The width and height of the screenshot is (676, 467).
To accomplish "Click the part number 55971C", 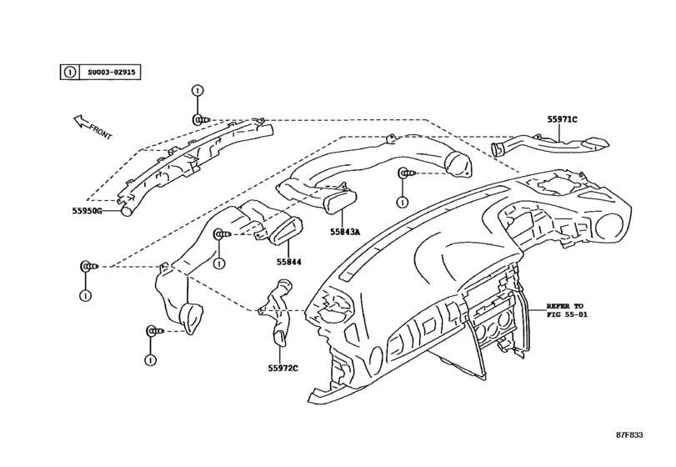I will click(x=562, y=120).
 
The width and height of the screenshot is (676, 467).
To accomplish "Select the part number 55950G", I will click(x=86, y=212).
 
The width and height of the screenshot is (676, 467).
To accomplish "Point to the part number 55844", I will click(x=288, y=262).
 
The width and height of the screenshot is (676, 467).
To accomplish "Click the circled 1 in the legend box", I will click(x=70, y=73).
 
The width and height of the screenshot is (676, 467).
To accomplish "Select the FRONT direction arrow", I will click(x=90, y=126).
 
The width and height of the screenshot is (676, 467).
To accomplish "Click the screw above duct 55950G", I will click(x=203, y=119).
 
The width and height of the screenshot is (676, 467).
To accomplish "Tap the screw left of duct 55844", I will click(x=223, y=236).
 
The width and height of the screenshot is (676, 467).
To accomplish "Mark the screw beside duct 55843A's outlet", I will click(x=406, y=173).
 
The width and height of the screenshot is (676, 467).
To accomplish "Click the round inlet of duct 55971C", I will click(x=498, y=151).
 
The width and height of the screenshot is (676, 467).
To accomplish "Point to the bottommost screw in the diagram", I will click(x=153, y=330).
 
